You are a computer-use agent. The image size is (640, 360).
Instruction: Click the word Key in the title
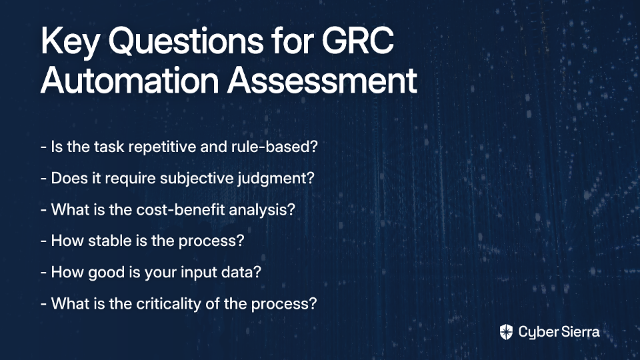click(70, 42)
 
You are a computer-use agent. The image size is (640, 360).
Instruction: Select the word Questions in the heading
click(186, 41)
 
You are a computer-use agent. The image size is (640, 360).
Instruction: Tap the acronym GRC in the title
click(357, 41)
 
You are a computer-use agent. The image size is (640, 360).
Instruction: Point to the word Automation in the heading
click(130, 80)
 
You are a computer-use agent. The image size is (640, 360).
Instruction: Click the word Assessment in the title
click(323, 80)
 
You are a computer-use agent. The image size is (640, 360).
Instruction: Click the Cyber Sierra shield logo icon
click(506, 332)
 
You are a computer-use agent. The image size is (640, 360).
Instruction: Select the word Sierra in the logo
click(579, 331)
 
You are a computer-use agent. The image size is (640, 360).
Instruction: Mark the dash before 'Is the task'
click(44, 147)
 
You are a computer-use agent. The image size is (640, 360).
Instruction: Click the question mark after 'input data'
click(257, 272)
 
